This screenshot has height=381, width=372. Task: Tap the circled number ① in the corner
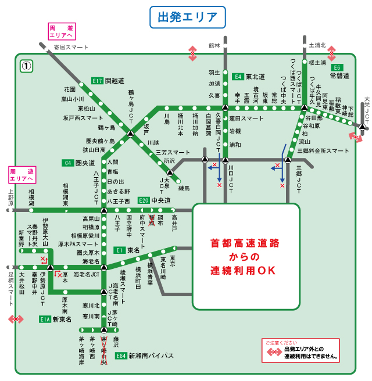pos(26,66)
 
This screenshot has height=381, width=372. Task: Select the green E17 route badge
pos(98,81)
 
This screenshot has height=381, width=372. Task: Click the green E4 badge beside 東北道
pos(238,77)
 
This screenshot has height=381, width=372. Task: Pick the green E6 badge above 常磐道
pos(337,67)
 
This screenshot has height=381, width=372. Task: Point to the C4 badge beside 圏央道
pos(68,163)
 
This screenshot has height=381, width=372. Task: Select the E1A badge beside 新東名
pos(46,319)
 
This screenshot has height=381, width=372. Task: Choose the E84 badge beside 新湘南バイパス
pos(121,355)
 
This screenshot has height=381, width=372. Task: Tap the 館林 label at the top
pos(214,45)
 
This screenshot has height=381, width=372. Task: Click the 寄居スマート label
pos(71,47)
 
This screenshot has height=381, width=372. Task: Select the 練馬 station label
pos(184,188)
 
